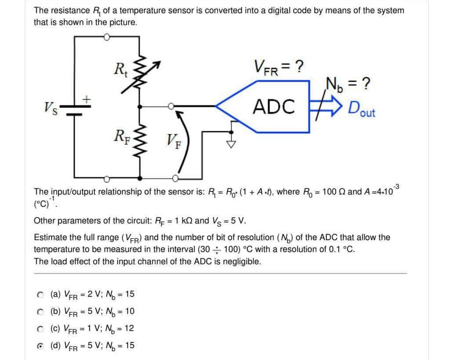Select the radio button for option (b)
(40, 312)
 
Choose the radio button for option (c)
(40, 328)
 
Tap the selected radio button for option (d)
(40, 346)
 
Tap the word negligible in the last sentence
(242, 262)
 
